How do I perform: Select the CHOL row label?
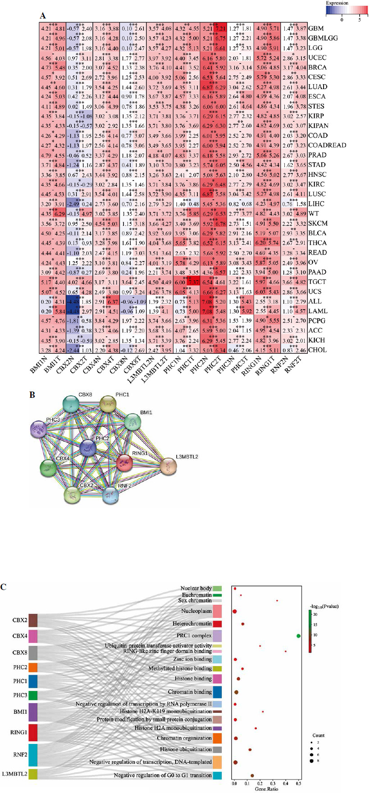point(317,350)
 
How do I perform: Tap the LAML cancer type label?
point(318,311)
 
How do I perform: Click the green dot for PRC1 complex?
point(298,635)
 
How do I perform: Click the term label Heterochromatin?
point(192,624)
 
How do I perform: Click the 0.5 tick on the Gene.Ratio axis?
point(298,784)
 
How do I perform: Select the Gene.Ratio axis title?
point(266,789)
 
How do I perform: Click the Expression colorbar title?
point(337,3)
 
